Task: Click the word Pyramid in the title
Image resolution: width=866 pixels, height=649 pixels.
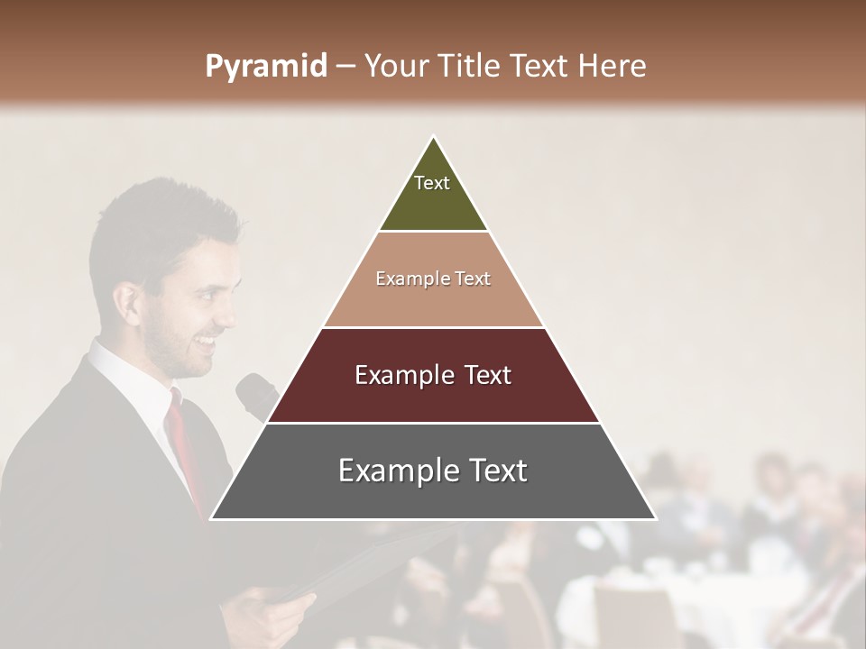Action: coord(265,67)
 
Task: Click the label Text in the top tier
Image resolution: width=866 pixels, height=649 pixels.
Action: coord(432,183)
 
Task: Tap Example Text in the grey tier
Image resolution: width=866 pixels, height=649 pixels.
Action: coord(433,471)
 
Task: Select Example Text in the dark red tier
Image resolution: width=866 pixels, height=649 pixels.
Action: coord(433,375)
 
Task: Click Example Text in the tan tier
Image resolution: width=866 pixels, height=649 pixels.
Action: coord(433,279)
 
